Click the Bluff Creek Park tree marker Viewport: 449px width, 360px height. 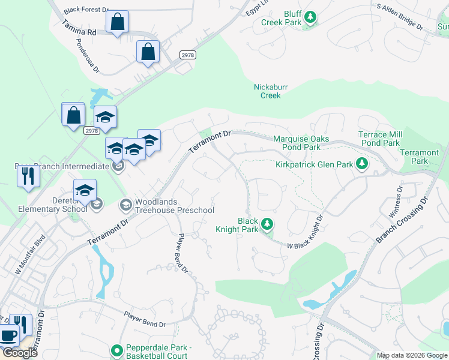(310, 17)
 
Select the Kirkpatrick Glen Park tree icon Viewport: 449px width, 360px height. (361, 163)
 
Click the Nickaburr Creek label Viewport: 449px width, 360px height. (270, 91)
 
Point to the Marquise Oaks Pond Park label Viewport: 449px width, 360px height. (301, 143)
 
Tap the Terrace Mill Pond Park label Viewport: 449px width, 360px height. (379, 139)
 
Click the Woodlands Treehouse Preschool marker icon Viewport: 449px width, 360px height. (125, 205)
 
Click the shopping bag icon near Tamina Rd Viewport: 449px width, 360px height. (118, 22)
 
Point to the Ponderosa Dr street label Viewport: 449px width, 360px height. (88, 55)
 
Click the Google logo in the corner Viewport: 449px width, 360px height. (20, 352)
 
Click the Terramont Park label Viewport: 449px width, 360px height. (419, 157)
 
